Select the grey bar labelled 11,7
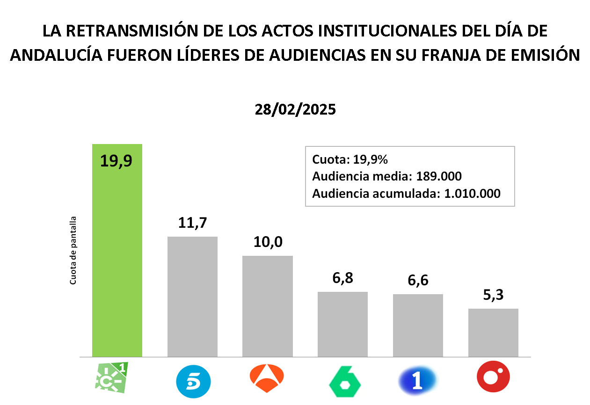(x=192, y=297)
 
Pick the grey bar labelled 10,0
(x=267, y=306)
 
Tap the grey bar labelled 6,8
(x=342, y=324)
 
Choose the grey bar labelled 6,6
(x=418, y=325)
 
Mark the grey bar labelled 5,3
(x=493, y=333)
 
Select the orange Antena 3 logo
(x=267, y=378)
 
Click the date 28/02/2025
(x=295, y=109)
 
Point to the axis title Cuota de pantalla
(x=73, y=251)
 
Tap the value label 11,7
(x=192, y=223)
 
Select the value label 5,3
(x=493, y=295)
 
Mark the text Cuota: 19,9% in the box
(x=350, y=159)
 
